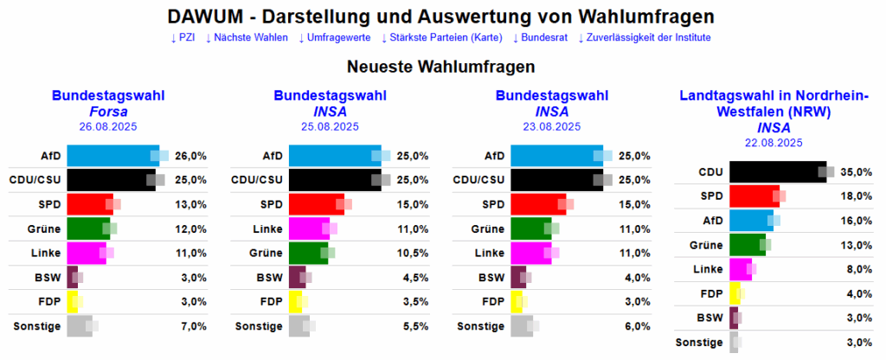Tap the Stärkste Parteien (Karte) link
click(451, 38)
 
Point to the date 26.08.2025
click(108, 126)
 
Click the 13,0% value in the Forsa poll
click(190, 204)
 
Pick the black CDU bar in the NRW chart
click(778, 172)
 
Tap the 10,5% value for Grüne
click(413, 253)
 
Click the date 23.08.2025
click(553, 126)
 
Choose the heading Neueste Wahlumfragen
click(441, 67)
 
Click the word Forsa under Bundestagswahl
click(108, 111)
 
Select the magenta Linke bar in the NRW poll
click(741, 269)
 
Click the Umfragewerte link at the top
click(339, 38)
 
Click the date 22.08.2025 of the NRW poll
click(774, 142)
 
